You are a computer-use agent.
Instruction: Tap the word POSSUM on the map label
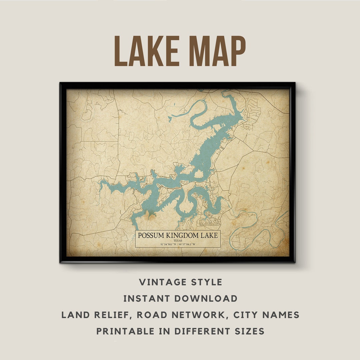(x=150, y=236)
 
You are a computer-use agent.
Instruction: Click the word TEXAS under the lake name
(x=178, y=240)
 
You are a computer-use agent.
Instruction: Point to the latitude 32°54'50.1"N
(x=168, y=244)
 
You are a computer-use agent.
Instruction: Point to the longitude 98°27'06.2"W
(x=187, y=244)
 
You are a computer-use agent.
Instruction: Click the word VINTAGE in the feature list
(x=160, y=282)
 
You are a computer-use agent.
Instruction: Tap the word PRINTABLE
(x=126, y=331)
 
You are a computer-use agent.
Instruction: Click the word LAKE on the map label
(x=209, y=236)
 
